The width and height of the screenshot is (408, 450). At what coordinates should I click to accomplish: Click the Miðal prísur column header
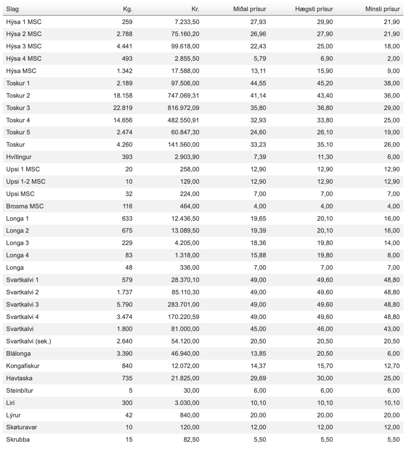pos(249,9)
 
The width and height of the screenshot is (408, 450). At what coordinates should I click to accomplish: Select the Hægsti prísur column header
pos(314,9)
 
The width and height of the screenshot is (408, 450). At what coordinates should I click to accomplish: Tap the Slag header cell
pos(13,9)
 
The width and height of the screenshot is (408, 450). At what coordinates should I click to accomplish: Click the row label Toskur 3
pos(18,108)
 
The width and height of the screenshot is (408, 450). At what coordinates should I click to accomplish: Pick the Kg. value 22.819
pos(123,108)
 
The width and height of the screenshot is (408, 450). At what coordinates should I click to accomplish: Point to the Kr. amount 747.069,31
pos(183,96)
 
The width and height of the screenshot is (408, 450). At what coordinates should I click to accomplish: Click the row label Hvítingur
pos(19,157)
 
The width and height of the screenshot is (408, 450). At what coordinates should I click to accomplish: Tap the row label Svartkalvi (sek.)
pos(28,341)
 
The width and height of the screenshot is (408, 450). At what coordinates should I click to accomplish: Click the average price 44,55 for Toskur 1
pos(258,83)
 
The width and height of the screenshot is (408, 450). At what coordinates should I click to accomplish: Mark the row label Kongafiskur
pos(23,366)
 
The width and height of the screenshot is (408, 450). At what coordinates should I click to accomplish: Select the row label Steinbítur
pos(20,391)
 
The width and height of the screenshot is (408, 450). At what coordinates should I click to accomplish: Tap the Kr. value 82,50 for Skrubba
pos(191,440)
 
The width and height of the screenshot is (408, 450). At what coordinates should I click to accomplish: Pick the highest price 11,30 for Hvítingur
pos(325,157)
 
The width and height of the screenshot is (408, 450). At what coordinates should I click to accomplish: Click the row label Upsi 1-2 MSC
pos(26,182)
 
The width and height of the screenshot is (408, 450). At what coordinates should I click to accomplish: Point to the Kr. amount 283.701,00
pos(183,305)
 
